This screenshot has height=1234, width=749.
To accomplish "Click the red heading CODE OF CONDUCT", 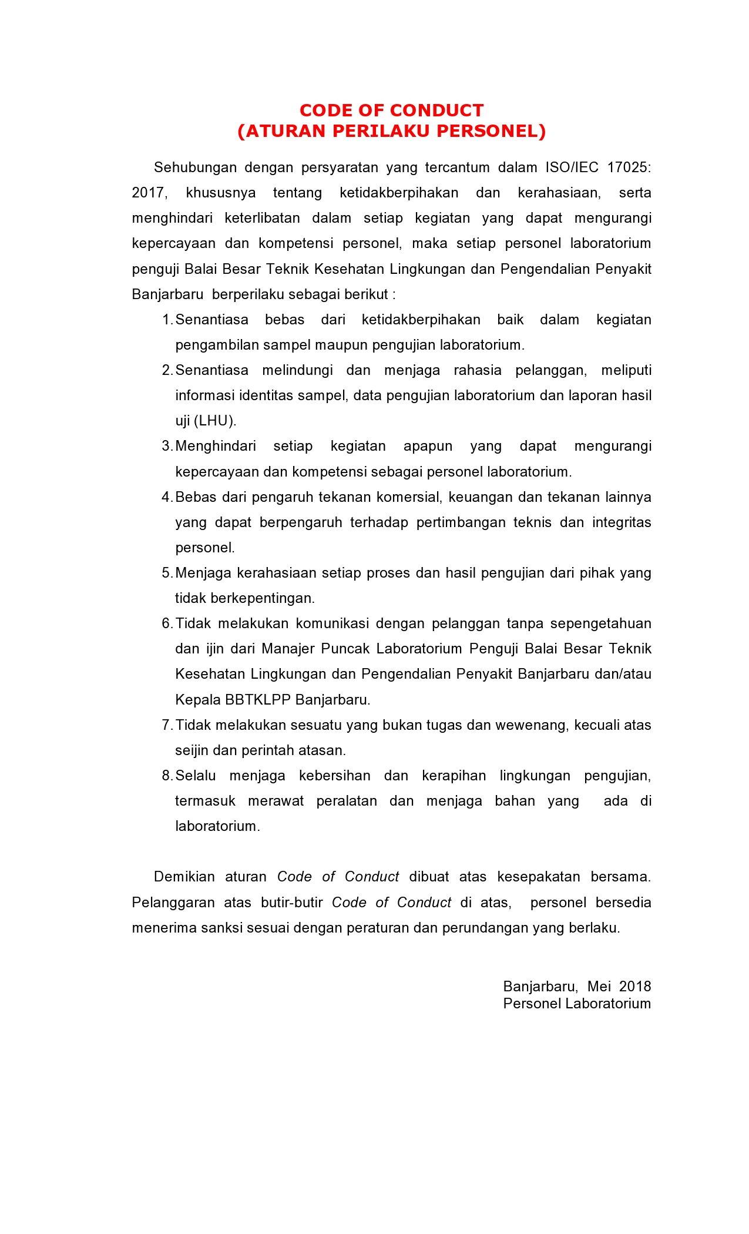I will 391,110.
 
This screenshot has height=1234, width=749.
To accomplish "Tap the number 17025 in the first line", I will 629,167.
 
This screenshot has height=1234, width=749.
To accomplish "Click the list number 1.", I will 167,320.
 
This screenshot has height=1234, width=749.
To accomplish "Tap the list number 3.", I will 167,446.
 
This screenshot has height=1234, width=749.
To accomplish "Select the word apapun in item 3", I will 428,446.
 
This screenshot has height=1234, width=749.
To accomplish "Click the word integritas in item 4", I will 622,522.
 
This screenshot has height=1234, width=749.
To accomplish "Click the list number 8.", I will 167,776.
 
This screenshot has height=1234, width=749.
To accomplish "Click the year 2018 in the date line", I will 635,986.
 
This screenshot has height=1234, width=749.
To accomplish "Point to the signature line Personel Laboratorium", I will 577,1003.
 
